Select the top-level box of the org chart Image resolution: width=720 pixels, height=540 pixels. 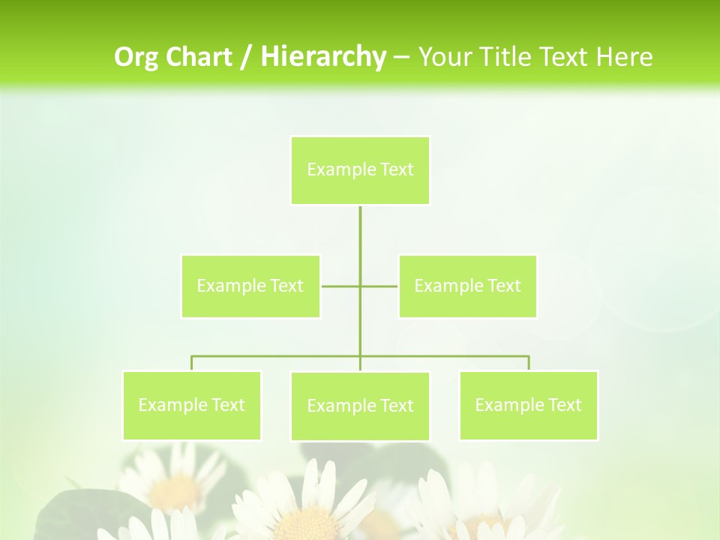(x=360, y=170)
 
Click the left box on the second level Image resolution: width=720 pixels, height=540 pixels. (x=250, y=286)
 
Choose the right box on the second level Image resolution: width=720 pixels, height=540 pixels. (x=467, y=286)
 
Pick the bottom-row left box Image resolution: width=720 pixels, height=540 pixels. (x=191, y=405)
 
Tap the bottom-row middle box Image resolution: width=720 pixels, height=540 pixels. (x=360, y=406)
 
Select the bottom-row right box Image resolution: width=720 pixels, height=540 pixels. (x=528, y=405)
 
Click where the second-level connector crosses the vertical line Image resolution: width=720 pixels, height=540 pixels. (x=360, y=286)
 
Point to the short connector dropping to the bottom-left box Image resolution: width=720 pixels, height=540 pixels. (x=192, y=363)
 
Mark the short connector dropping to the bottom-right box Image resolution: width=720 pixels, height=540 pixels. (x=529, y=363)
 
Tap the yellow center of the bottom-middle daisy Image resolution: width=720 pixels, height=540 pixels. (x=310, y=525)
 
